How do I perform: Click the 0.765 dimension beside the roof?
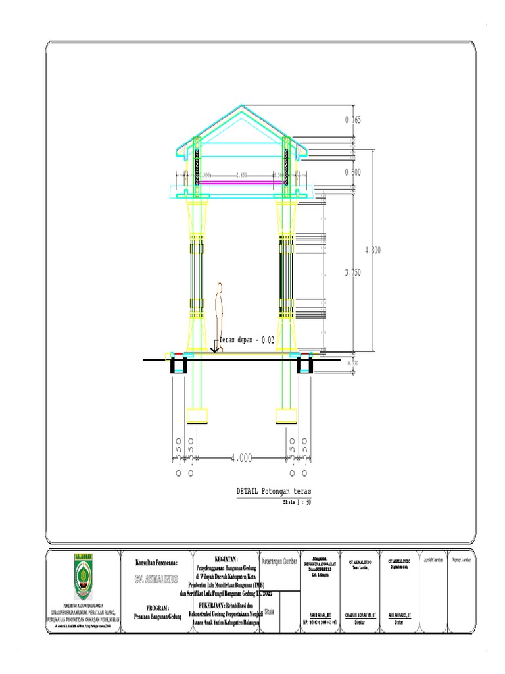pos(353,120)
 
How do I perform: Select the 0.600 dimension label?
pos(353,172)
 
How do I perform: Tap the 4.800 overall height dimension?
pos(372,250)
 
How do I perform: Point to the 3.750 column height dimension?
pos(352,272)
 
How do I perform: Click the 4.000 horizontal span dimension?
pos(241,457)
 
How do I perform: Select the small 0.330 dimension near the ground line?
pos(352,363)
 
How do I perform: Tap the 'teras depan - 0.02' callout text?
pos(246,340)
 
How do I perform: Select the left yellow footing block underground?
pos(197,415)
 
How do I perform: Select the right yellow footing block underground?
pos(286,415)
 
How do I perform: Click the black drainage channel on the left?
pos(178,365)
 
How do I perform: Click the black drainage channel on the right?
pos(304,365)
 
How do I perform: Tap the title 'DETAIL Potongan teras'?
pos(274,492)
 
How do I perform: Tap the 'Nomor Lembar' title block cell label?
pos(462,560)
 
